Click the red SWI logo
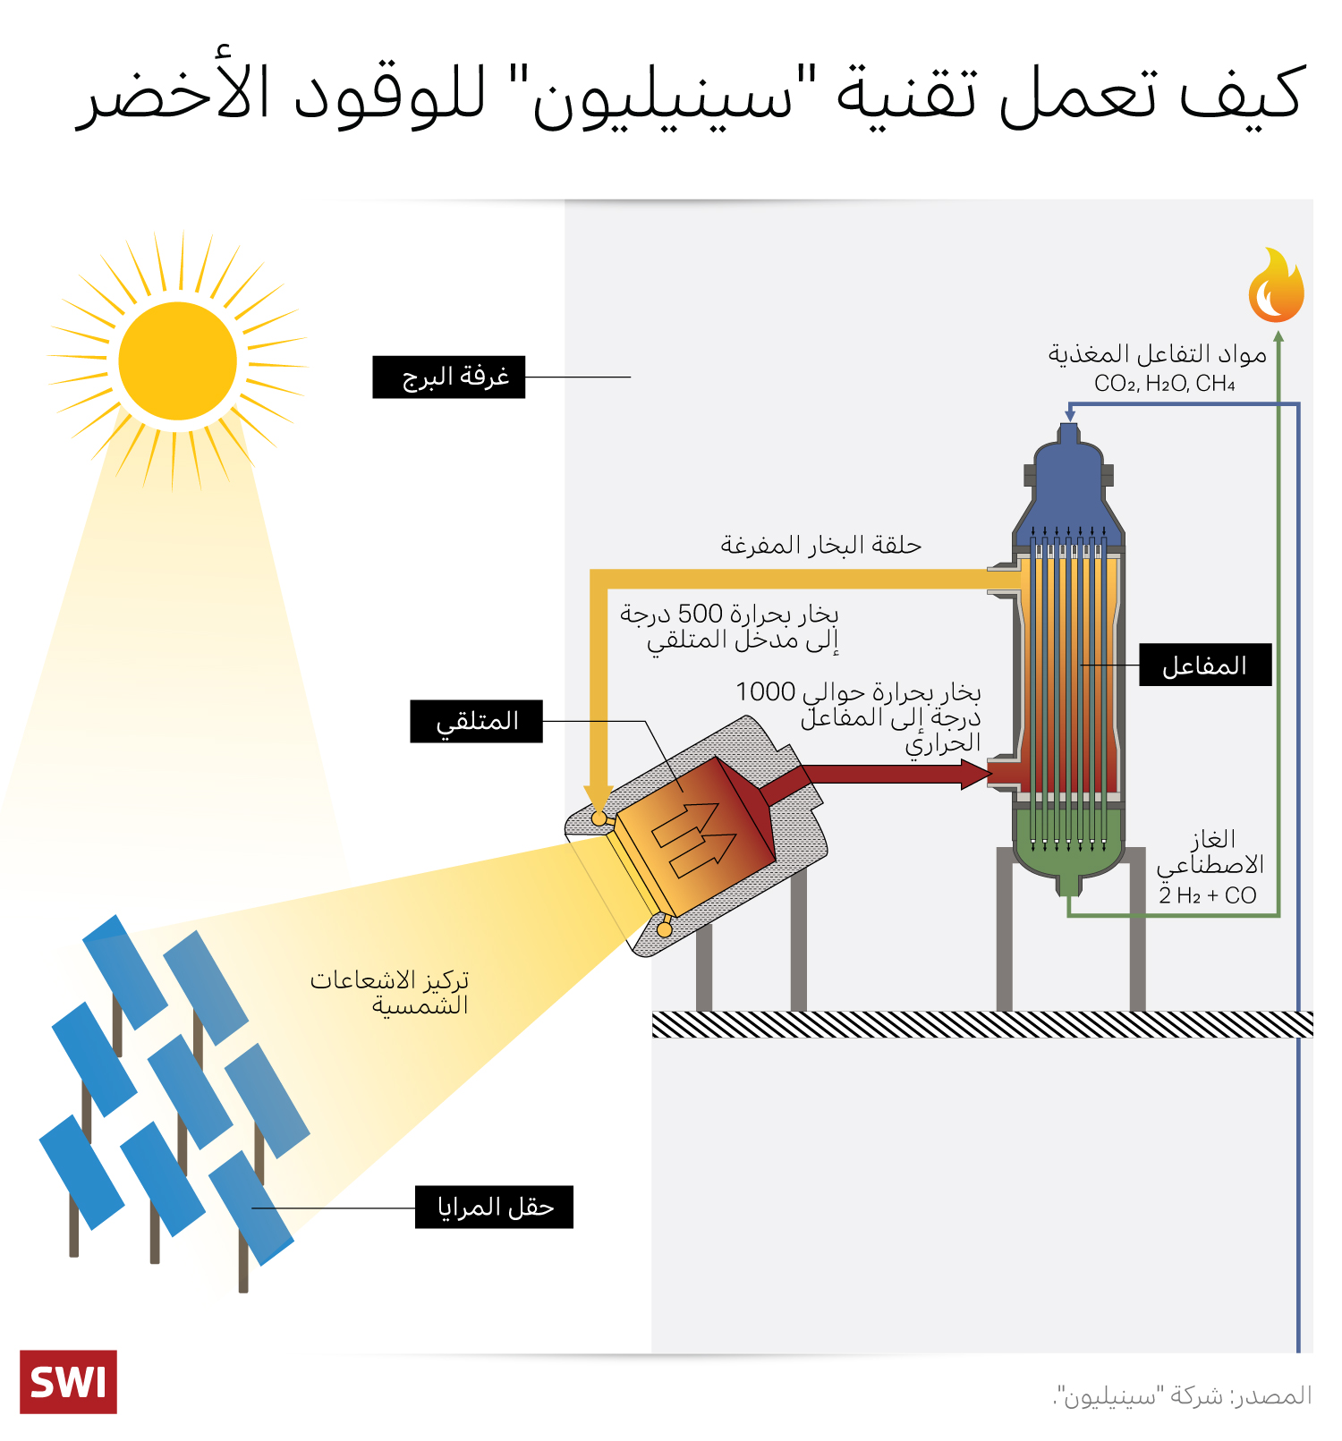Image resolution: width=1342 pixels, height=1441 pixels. click(x=68, y=1381)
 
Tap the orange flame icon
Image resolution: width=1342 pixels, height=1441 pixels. click(x=1276, y=287)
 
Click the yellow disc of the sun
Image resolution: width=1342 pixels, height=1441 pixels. click(x=177, y=360)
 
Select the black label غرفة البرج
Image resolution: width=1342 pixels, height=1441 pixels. click(x=448, y=377)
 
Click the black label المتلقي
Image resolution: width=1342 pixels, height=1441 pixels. click(x=476, y=721)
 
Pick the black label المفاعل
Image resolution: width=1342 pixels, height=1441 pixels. click(x=1204, y=665)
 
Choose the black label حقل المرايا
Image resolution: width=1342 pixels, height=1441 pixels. click(x=494, y=1207)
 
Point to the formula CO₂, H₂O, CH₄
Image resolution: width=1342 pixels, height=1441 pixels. click(x=1164, y=384)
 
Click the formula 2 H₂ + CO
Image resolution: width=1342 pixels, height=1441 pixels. click(x=1207, y=895)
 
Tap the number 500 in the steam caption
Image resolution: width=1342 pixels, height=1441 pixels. click(x=700, y=614)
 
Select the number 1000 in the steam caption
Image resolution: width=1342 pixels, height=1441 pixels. click(x=765, y=691)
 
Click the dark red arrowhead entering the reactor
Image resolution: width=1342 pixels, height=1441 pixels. click(x=975, y=774)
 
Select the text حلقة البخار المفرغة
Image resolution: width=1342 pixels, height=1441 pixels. click(x=820, y=545)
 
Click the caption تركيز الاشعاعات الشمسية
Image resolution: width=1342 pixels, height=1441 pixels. click(x=390, y=992)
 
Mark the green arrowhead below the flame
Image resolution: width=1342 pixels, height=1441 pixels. click(x=1278, y=337)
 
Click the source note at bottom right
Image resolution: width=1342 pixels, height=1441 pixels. click(x=1182, y=1395)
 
